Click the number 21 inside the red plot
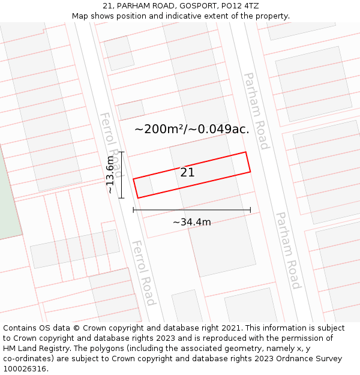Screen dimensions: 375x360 tap(187, 172)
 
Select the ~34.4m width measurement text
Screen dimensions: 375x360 tap(192, 222)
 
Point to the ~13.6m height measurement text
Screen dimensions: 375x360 tap(110, 175)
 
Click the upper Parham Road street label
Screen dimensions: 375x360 tap(256, 110)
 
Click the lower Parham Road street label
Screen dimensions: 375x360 tap(287, 250)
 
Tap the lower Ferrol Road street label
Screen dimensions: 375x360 tap(144, 272)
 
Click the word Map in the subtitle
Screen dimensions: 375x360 tap(80, 16)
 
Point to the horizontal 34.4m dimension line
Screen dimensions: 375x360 tap(192, 210)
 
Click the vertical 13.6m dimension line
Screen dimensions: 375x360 tap(122, 175)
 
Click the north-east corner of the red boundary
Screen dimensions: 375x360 tap(246, 152)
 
